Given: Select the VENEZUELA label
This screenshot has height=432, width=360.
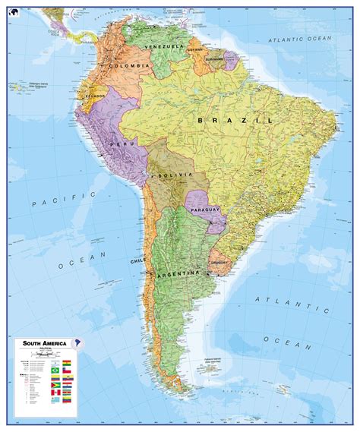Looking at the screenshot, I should tap(169, 46).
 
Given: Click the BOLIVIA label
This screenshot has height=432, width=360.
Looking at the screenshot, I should tap(172, 175).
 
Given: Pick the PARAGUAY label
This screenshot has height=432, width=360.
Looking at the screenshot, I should tap(205, 208).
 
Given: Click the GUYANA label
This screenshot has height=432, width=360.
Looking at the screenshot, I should tap(196, 50).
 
